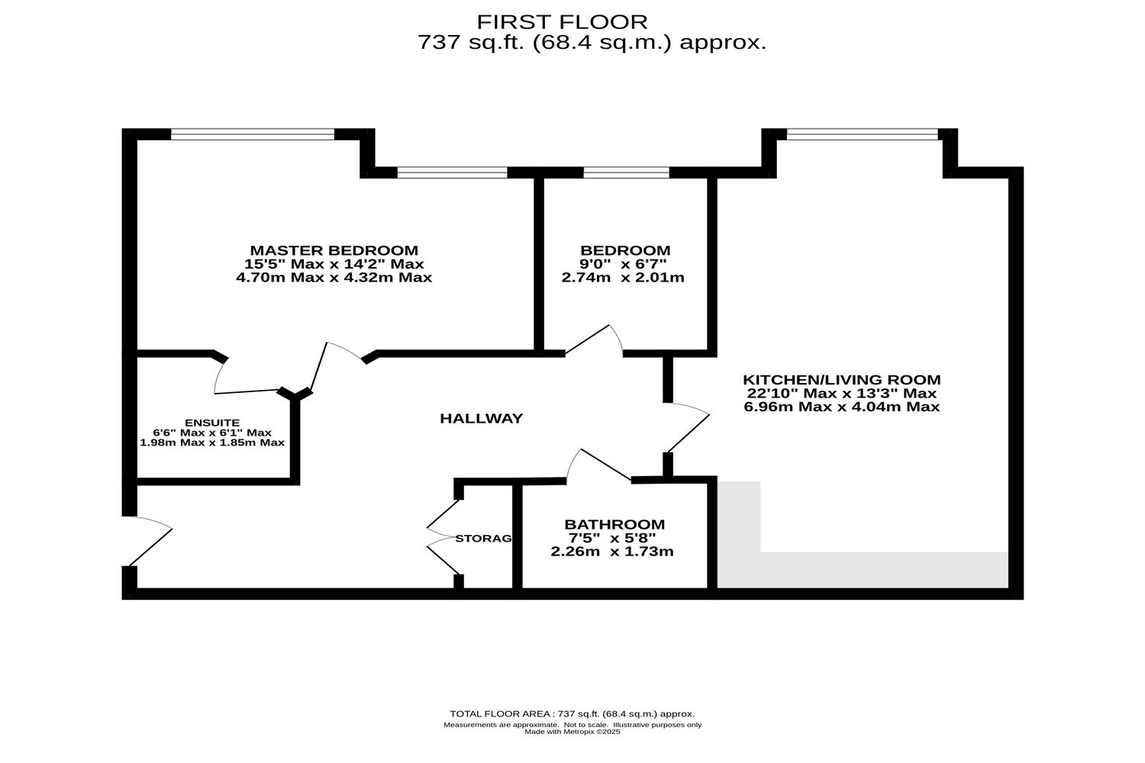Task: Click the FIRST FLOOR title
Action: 562,21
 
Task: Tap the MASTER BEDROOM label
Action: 334,250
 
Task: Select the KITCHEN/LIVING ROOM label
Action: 841,380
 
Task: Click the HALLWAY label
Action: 481,418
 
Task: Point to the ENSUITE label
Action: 212,423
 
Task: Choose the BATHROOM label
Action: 614,525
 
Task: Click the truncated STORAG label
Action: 483,539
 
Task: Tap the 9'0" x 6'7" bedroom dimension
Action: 623,264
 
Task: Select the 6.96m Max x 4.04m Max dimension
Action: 841,407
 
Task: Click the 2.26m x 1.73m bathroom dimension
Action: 612,552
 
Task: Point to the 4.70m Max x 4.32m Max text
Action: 334,278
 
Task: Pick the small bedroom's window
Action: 626,172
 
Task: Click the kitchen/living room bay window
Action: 862,135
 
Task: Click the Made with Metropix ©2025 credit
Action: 572,732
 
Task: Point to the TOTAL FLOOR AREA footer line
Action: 572,714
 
